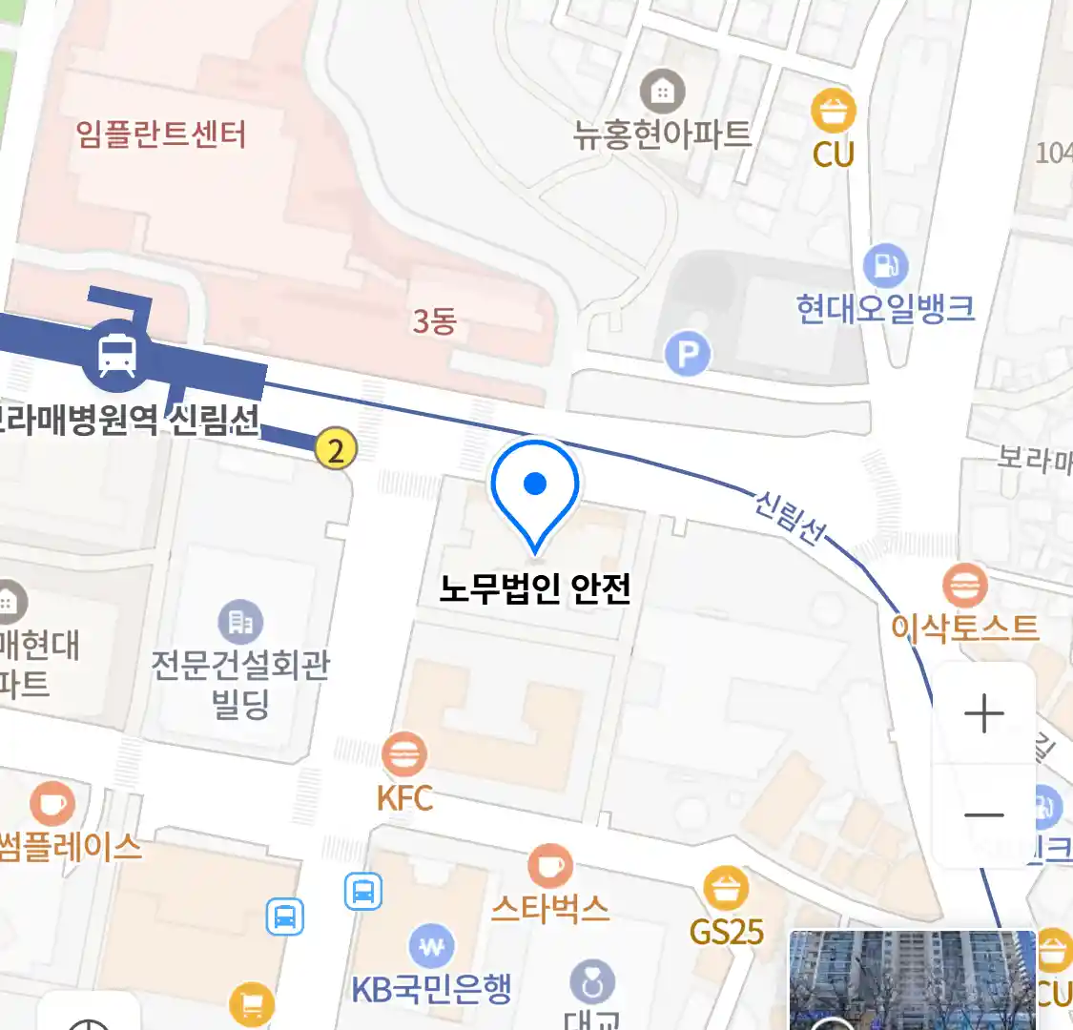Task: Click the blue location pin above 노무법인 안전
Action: point(535,488)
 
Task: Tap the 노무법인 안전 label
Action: point(535,588)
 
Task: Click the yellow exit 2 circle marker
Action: point(336,447)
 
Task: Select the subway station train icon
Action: point(116,355)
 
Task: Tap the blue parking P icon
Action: point(688,355)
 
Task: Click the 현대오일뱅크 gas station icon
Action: point(885,266)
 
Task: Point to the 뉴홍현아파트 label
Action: point(662,134)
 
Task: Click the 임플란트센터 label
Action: point(161,134)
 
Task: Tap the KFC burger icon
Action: point(404,755)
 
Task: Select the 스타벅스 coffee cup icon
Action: point(550,867)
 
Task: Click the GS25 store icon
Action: point(726,888)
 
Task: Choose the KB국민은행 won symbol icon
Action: point(432,947)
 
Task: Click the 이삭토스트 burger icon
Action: point(964,585)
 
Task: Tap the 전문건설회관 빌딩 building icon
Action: point(240,622)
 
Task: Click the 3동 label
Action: point(434,322)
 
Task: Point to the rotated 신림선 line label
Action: point(790,517)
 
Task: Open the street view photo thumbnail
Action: point(911,979)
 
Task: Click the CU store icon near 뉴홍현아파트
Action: point(834,112)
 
